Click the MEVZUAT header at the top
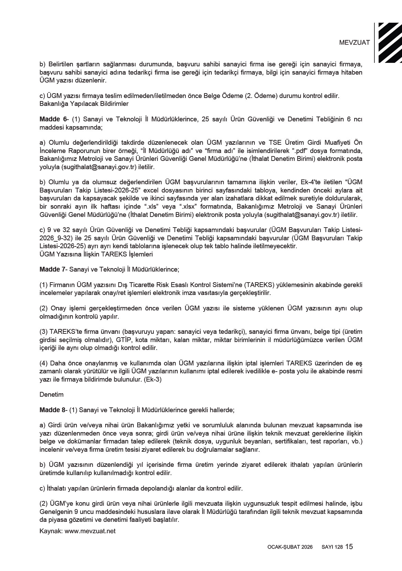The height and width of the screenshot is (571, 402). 354,43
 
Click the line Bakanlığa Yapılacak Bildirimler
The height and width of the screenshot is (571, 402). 84,103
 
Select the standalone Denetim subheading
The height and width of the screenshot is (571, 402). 52,394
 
